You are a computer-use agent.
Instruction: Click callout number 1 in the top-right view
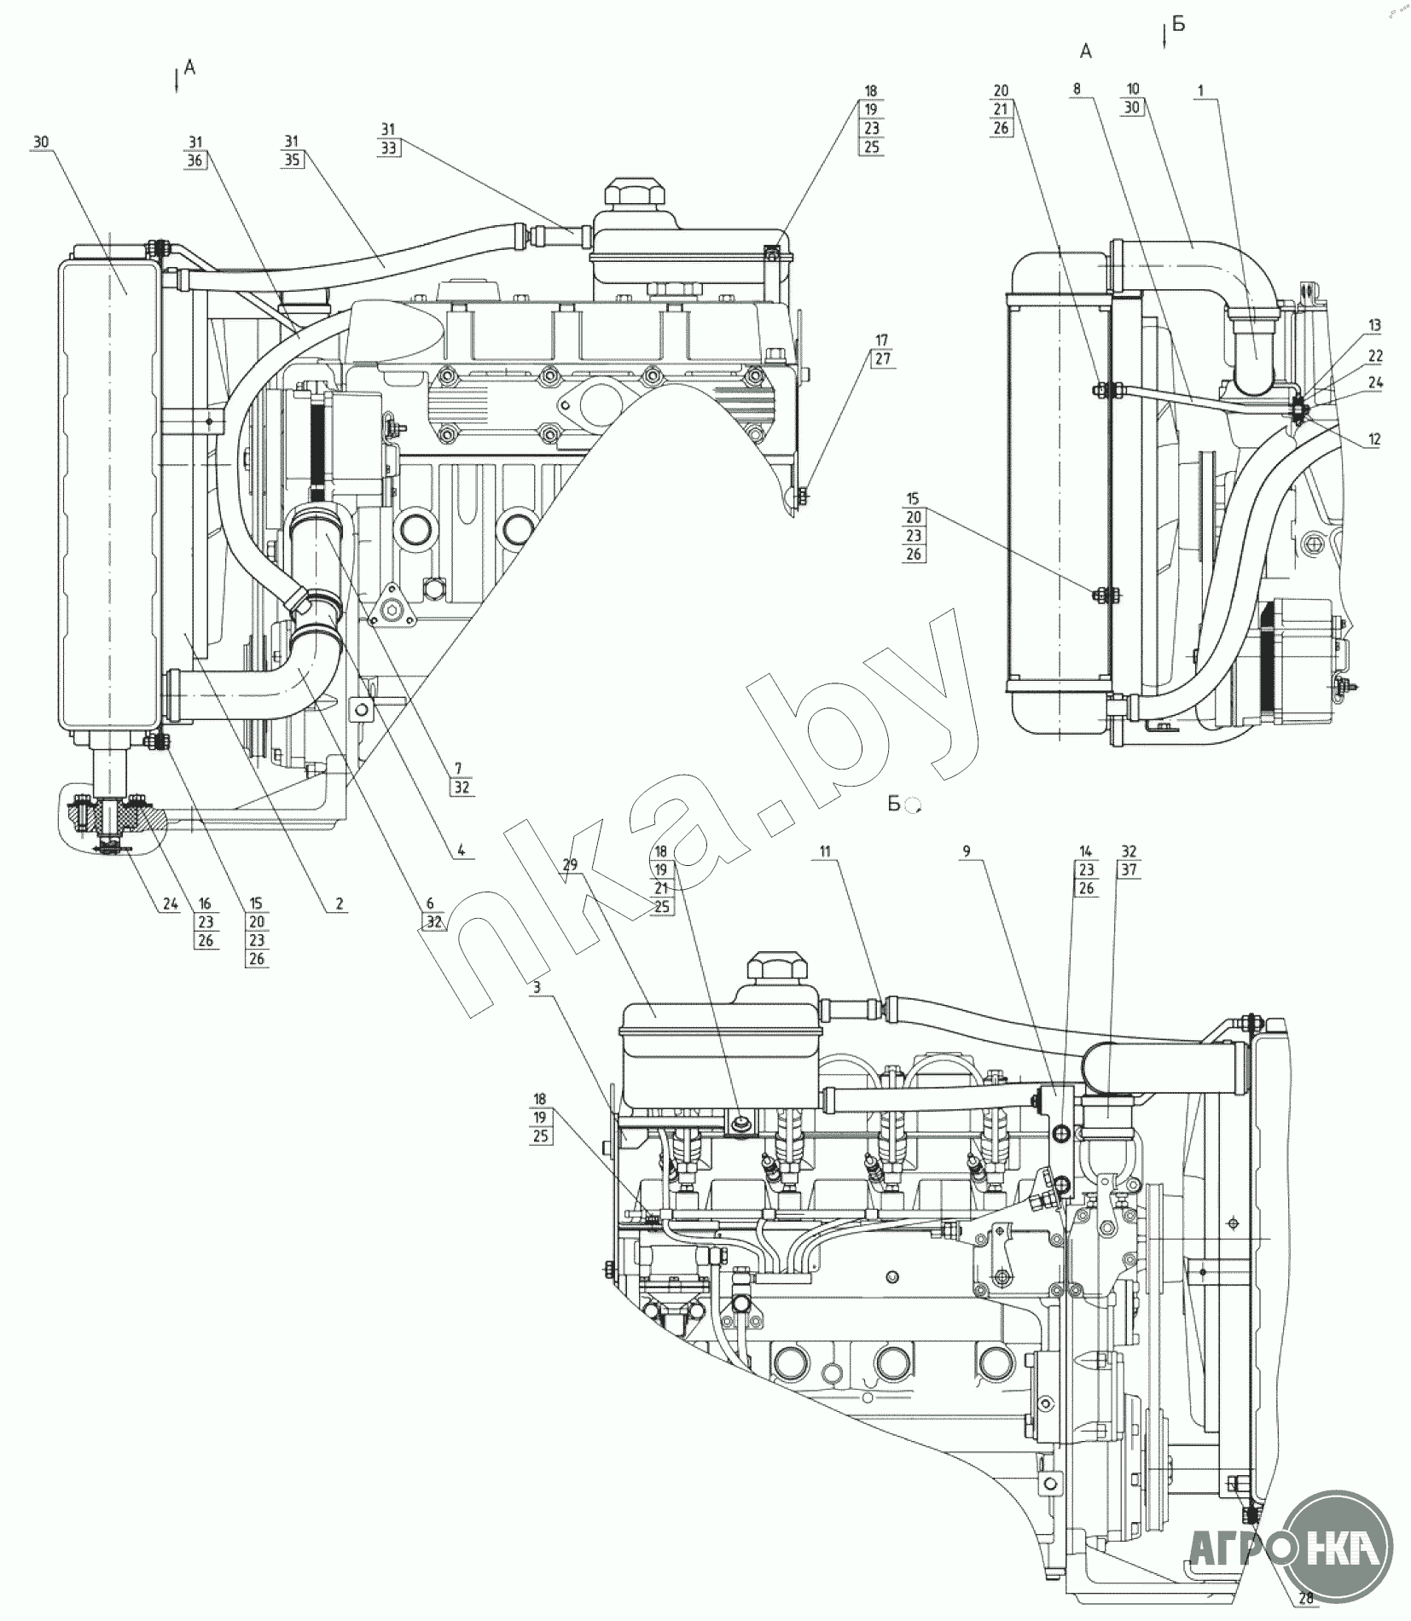1200,90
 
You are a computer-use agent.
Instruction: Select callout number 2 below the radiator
340,903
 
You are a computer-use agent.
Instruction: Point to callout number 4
460,850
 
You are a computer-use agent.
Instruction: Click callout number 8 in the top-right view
1077,89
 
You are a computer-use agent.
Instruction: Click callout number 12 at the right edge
1373,440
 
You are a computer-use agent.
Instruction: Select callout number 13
1373,326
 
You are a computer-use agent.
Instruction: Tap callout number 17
881,340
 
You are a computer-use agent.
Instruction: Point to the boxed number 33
389,147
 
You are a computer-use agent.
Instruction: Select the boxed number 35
293,159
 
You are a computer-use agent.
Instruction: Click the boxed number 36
196,159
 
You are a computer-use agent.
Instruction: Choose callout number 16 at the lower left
206,903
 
